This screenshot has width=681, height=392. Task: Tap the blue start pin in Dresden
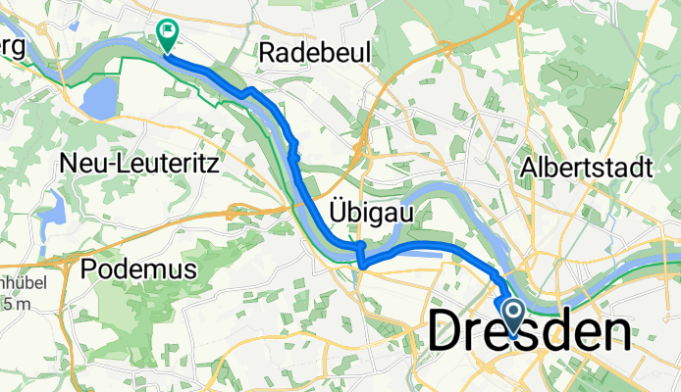point(512,314)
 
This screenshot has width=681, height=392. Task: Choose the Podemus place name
point(139,268)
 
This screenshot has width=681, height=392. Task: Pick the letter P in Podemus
point(91,268)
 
